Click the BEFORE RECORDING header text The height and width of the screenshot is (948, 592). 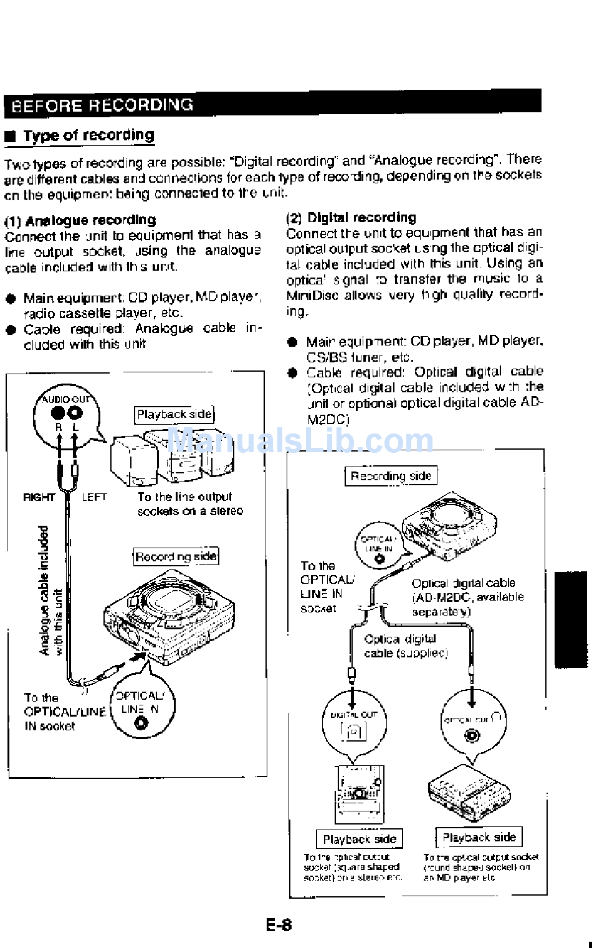point(102,105)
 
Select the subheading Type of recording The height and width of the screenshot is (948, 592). point(88,135)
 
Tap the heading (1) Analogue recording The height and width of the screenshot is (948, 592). point(80,220)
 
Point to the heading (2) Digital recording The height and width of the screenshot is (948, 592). point(351,218)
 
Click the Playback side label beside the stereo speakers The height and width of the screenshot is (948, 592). point(174,414)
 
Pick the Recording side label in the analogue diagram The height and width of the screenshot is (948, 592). point(176,556)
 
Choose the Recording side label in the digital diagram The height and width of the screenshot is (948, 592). point(391,476)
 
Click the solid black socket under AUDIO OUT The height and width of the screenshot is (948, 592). point(59,412)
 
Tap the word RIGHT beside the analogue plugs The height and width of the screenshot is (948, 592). point(39,497)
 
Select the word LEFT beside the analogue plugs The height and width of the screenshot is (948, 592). point(94,497)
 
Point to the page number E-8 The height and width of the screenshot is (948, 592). point(279,924)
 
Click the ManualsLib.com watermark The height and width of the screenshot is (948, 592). point(300,441)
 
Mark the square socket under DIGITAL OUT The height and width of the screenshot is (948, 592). point(353,731)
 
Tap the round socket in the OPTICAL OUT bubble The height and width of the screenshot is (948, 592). point(472,736)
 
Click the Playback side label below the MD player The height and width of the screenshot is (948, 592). point(479,837)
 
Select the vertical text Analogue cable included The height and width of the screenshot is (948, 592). point(44,590)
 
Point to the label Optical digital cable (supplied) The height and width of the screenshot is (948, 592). point(406,646)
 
